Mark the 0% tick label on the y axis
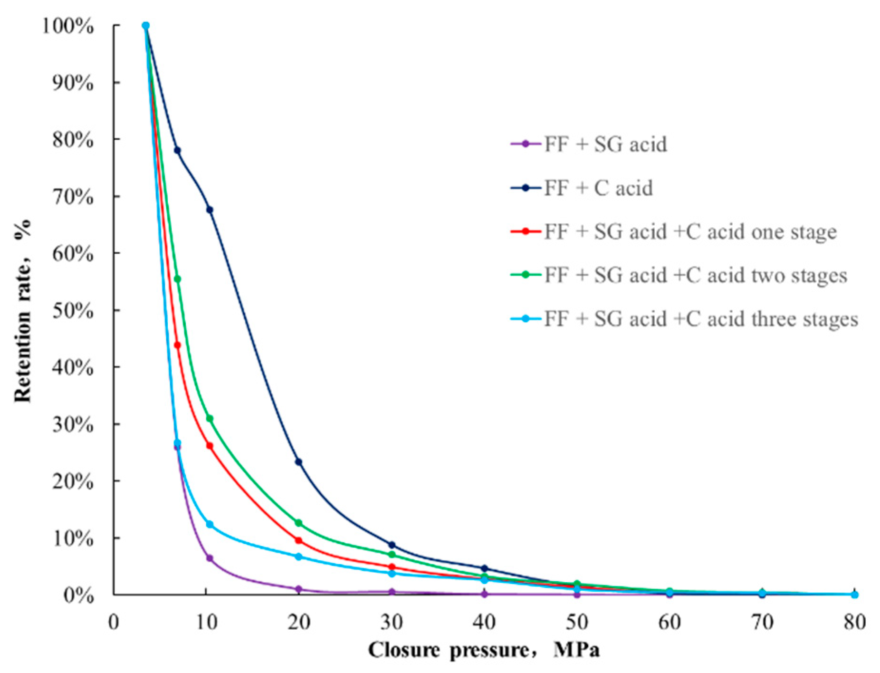[78, 595]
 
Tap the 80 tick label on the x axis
[854, 622]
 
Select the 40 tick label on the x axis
[484, 622]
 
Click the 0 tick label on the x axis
[114, 622]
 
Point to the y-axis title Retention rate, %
[23, 311]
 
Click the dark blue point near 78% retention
[177, 151]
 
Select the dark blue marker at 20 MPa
[298, 462]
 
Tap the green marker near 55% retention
[177, 279]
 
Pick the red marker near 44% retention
[177, 345]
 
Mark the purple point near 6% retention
[210, 558]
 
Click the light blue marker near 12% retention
[210, 524]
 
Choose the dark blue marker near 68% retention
[210, 210]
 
